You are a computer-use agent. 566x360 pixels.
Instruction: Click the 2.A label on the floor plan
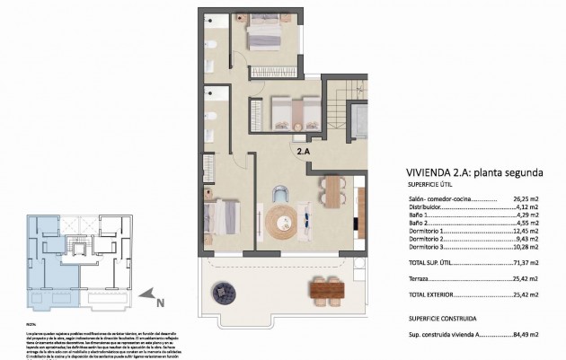coord(305,152)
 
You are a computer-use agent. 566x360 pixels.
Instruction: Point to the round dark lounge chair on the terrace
coord(222,291)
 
